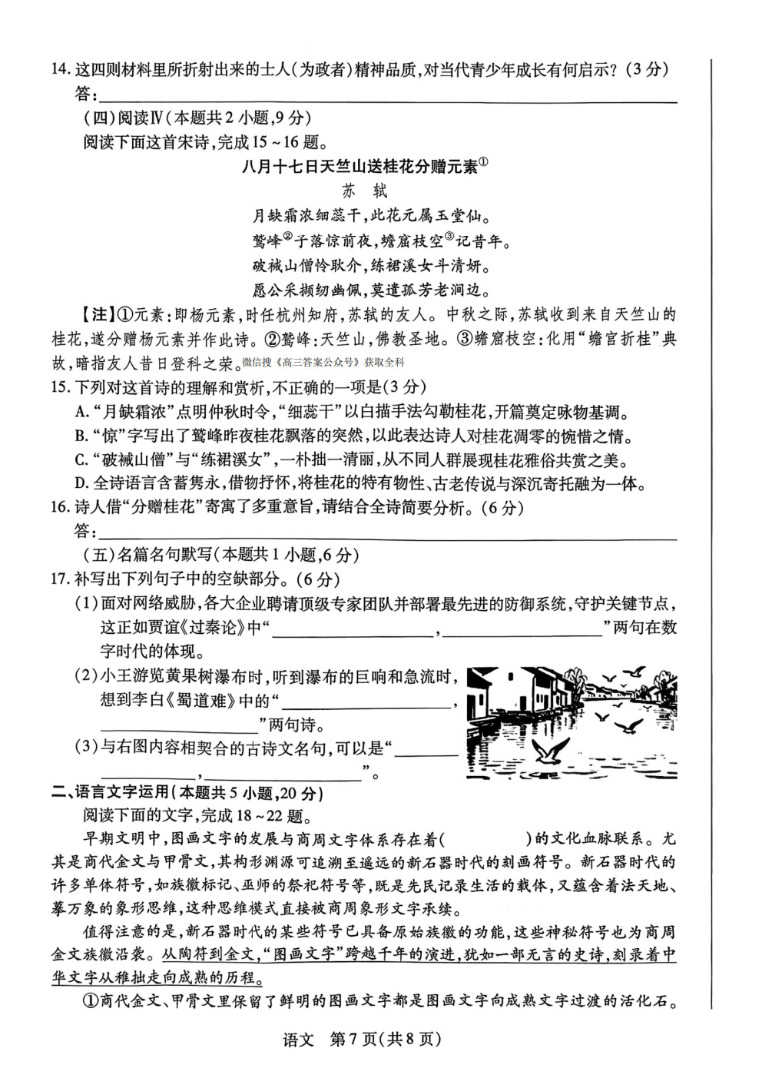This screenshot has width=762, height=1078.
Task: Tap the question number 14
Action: [x=60, y=70]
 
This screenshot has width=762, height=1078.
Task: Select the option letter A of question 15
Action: [x=81, y=412]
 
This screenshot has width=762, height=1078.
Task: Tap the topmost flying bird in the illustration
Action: [x=634, y=672]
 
